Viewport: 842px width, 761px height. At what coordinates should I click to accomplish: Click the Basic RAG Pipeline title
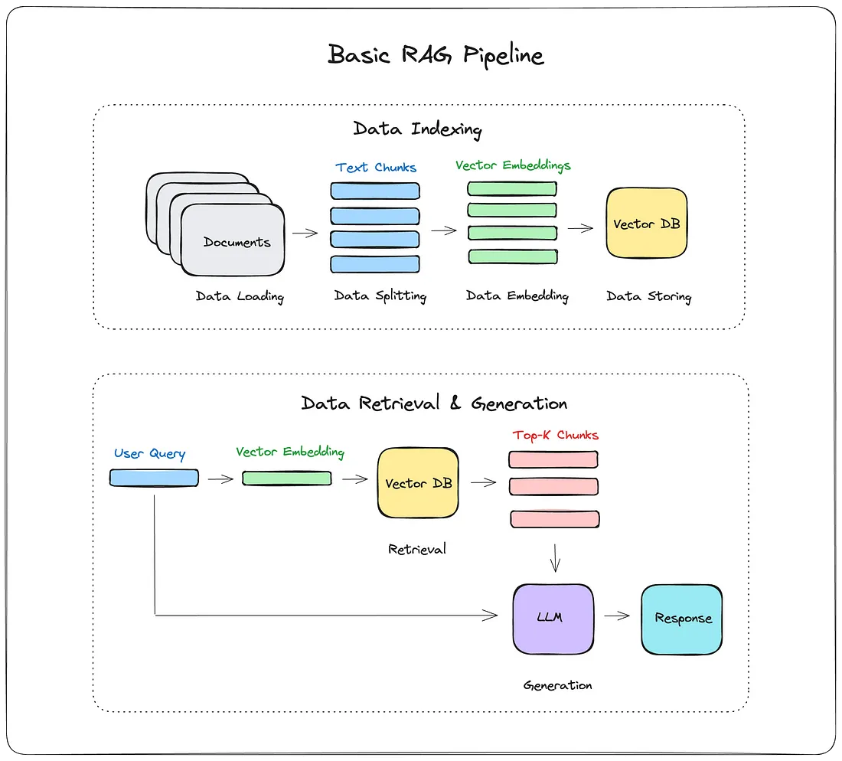coord(436,55)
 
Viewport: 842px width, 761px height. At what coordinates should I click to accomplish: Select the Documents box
coord(233,241)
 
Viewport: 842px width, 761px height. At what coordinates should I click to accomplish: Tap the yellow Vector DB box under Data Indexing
coord(646,224)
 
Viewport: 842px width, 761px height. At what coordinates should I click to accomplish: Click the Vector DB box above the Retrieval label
coord(418,483)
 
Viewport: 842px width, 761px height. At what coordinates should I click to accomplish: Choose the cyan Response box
coord(681,619)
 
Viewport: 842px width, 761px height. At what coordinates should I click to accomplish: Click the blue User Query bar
coord(154,478)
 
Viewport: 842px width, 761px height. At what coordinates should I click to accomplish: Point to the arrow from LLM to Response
coord(616,615)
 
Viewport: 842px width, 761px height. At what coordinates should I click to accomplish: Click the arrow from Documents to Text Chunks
coord(305,233)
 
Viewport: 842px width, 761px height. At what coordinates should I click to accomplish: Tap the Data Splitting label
coord(380,296)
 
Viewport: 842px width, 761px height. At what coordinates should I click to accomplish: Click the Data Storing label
coord(648,296)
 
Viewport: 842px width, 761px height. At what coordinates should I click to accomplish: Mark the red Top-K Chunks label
coord(555,435)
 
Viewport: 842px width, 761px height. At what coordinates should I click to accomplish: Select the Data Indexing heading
coord(417,129)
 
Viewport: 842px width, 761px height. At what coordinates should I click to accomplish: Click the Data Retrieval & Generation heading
coord(434,403)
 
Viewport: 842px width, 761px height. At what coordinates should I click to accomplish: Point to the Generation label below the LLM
coord(557,685)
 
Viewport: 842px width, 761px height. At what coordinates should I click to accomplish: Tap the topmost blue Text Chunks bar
coord(374,191)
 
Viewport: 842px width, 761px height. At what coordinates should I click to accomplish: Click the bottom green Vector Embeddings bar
coord(512,256)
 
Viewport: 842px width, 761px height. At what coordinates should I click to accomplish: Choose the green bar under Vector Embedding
coord(287,478)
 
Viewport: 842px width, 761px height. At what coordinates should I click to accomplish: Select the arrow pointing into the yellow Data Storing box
coord(581,227)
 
